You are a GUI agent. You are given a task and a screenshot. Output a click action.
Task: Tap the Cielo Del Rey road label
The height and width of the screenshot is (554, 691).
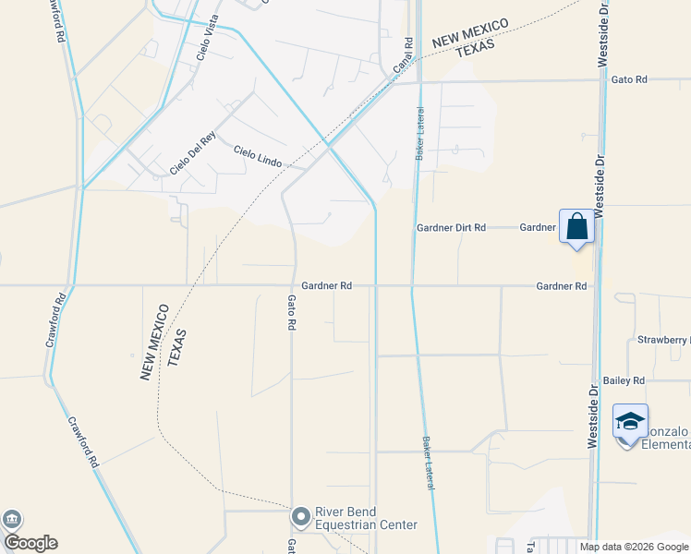coord(192,152)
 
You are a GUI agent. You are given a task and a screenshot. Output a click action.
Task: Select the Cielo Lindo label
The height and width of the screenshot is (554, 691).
coord(256,154)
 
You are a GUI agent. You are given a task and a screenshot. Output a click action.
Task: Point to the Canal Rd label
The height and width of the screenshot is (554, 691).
coord(402,56)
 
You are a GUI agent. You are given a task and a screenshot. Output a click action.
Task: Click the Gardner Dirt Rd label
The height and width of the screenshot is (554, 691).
coord(451,227)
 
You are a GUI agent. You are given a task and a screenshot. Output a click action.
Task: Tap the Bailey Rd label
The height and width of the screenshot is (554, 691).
coord(624,380)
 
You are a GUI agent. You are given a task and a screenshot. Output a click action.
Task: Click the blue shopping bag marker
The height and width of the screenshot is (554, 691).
coord(576,226)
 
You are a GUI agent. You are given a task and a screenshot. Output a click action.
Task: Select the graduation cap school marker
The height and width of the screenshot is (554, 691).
coord(630,423)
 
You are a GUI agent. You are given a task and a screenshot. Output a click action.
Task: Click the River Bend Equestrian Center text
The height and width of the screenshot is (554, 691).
coord(367,519)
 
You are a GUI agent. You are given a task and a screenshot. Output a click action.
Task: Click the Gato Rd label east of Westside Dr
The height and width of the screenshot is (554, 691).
coord(629,80)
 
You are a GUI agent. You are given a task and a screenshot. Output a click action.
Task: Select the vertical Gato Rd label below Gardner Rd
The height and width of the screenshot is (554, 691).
coord(290,312)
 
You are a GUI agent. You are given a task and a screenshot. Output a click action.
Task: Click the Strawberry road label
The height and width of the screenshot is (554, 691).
coord(663,340)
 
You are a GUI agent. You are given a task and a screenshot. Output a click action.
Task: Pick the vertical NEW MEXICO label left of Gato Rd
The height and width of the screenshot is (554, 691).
coord(152,342)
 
